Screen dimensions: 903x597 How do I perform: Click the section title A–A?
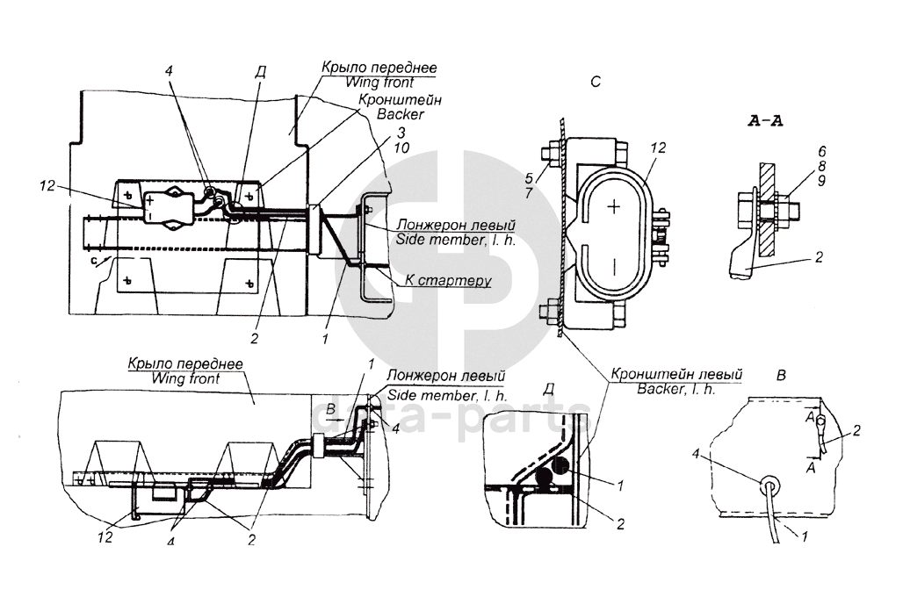click(765, 121)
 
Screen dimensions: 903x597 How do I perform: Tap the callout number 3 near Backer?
click(401, 133)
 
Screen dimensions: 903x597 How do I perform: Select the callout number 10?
click(401, 148)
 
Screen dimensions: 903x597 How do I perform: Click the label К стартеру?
click(448, 280)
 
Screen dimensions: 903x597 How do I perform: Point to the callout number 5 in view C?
click(530, 179)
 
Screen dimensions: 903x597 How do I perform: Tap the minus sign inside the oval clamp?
click(615, 267)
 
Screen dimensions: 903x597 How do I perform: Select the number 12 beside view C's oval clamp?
click(658, 148)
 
